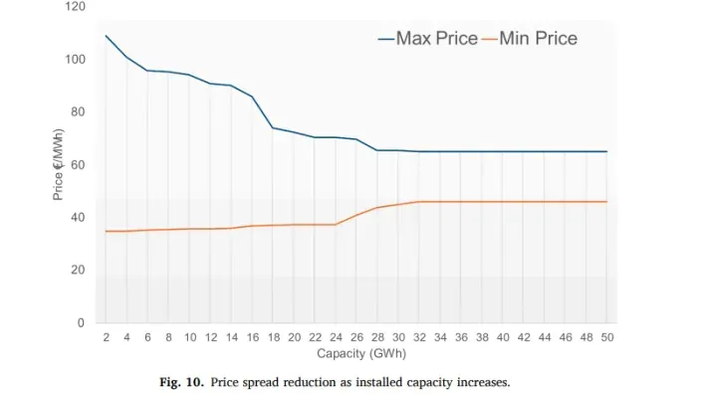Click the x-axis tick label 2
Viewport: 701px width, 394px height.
106,338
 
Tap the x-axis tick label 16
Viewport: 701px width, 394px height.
252,338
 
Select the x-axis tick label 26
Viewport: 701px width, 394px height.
356,338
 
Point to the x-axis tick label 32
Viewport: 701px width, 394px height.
419,338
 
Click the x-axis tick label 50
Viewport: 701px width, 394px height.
606,338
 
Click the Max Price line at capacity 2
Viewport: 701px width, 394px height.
106,36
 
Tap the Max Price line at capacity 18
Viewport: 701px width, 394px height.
273,127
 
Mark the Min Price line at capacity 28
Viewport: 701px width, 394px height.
377,208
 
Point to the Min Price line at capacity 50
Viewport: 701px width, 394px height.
606,202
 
